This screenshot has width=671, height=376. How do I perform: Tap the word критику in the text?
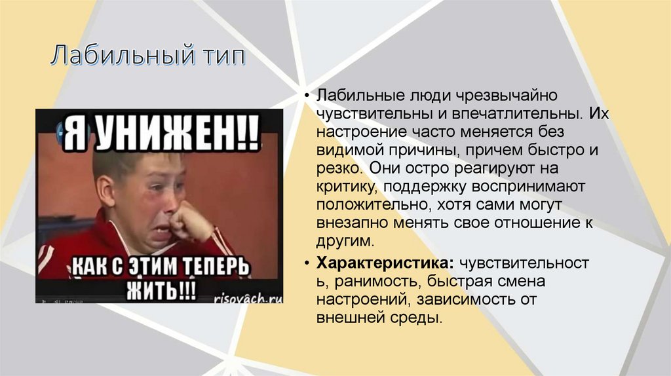[x=345, y=187]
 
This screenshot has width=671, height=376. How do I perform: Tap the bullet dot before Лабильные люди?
[x=307, y=96]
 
